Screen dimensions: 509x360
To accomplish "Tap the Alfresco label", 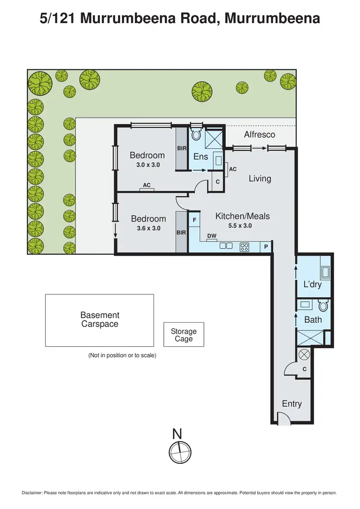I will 259,134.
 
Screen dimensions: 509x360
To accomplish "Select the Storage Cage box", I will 184,335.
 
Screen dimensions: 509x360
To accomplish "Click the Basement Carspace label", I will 100,319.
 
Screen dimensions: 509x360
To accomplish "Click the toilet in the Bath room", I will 323,305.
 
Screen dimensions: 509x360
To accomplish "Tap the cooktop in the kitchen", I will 244,247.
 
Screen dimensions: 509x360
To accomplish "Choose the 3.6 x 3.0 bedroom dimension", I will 148,228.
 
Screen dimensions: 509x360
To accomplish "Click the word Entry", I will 292,403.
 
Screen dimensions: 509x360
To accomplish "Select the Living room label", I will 260,179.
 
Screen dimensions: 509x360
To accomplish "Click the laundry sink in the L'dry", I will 325,273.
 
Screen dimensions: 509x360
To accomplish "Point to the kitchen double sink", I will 226,246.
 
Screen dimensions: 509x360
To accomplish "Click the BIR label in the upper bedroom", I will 181,148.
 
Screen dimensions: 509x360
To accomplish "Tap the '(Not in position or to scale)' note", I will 122,355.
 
